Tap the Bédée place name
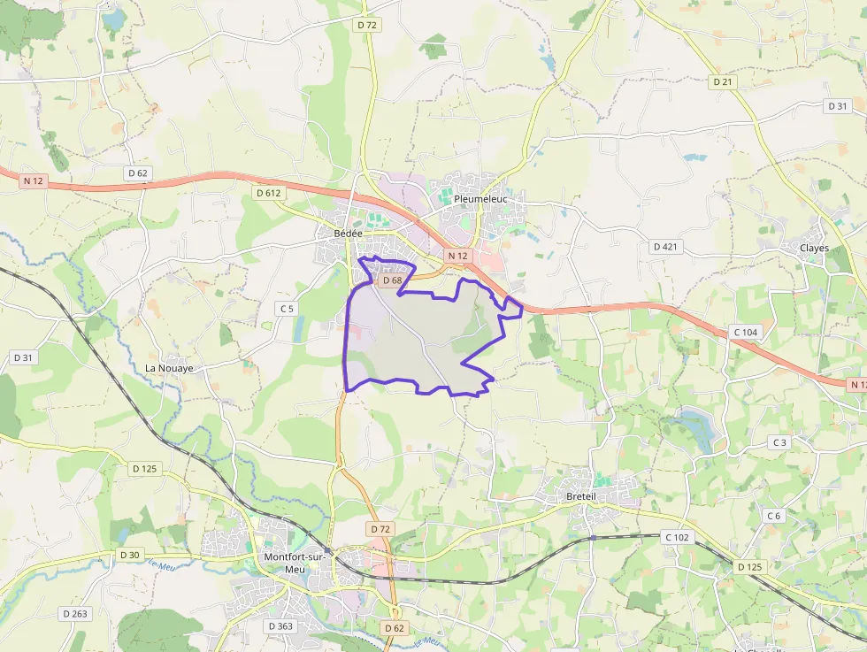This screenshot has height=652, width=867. click(349, 234)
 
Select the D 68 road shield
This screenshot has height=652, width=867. click(391, 280)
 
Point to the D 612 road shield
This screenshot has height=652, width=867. click(268, 193)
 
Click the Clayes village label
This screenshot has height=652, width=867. click(814, 248)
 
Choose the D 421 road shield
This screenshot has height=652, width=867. click(664, 247)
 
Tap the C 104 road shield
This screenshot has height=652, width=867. click(746, 332)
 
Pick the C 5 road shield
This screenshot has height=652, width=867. click(286, 309)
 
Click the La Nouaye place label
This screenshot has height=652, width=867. click(169, 367)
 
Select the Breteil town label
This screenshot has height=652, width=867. click(580, 497)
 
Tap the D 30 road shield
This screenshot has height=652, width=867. click(128, 555)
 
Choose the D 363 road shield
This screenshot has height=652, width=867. click(280, 625)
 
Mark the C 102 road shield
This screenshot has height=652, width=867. click(677, 537)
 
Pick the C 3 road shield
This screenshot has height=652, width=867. click(779, 442)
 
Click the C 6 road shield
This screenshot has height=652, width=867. click(774, 516)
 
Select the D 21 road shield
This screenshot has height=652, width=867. click(724, 81)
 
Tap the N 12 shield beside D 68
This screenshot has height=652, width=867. click(457, 257)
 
